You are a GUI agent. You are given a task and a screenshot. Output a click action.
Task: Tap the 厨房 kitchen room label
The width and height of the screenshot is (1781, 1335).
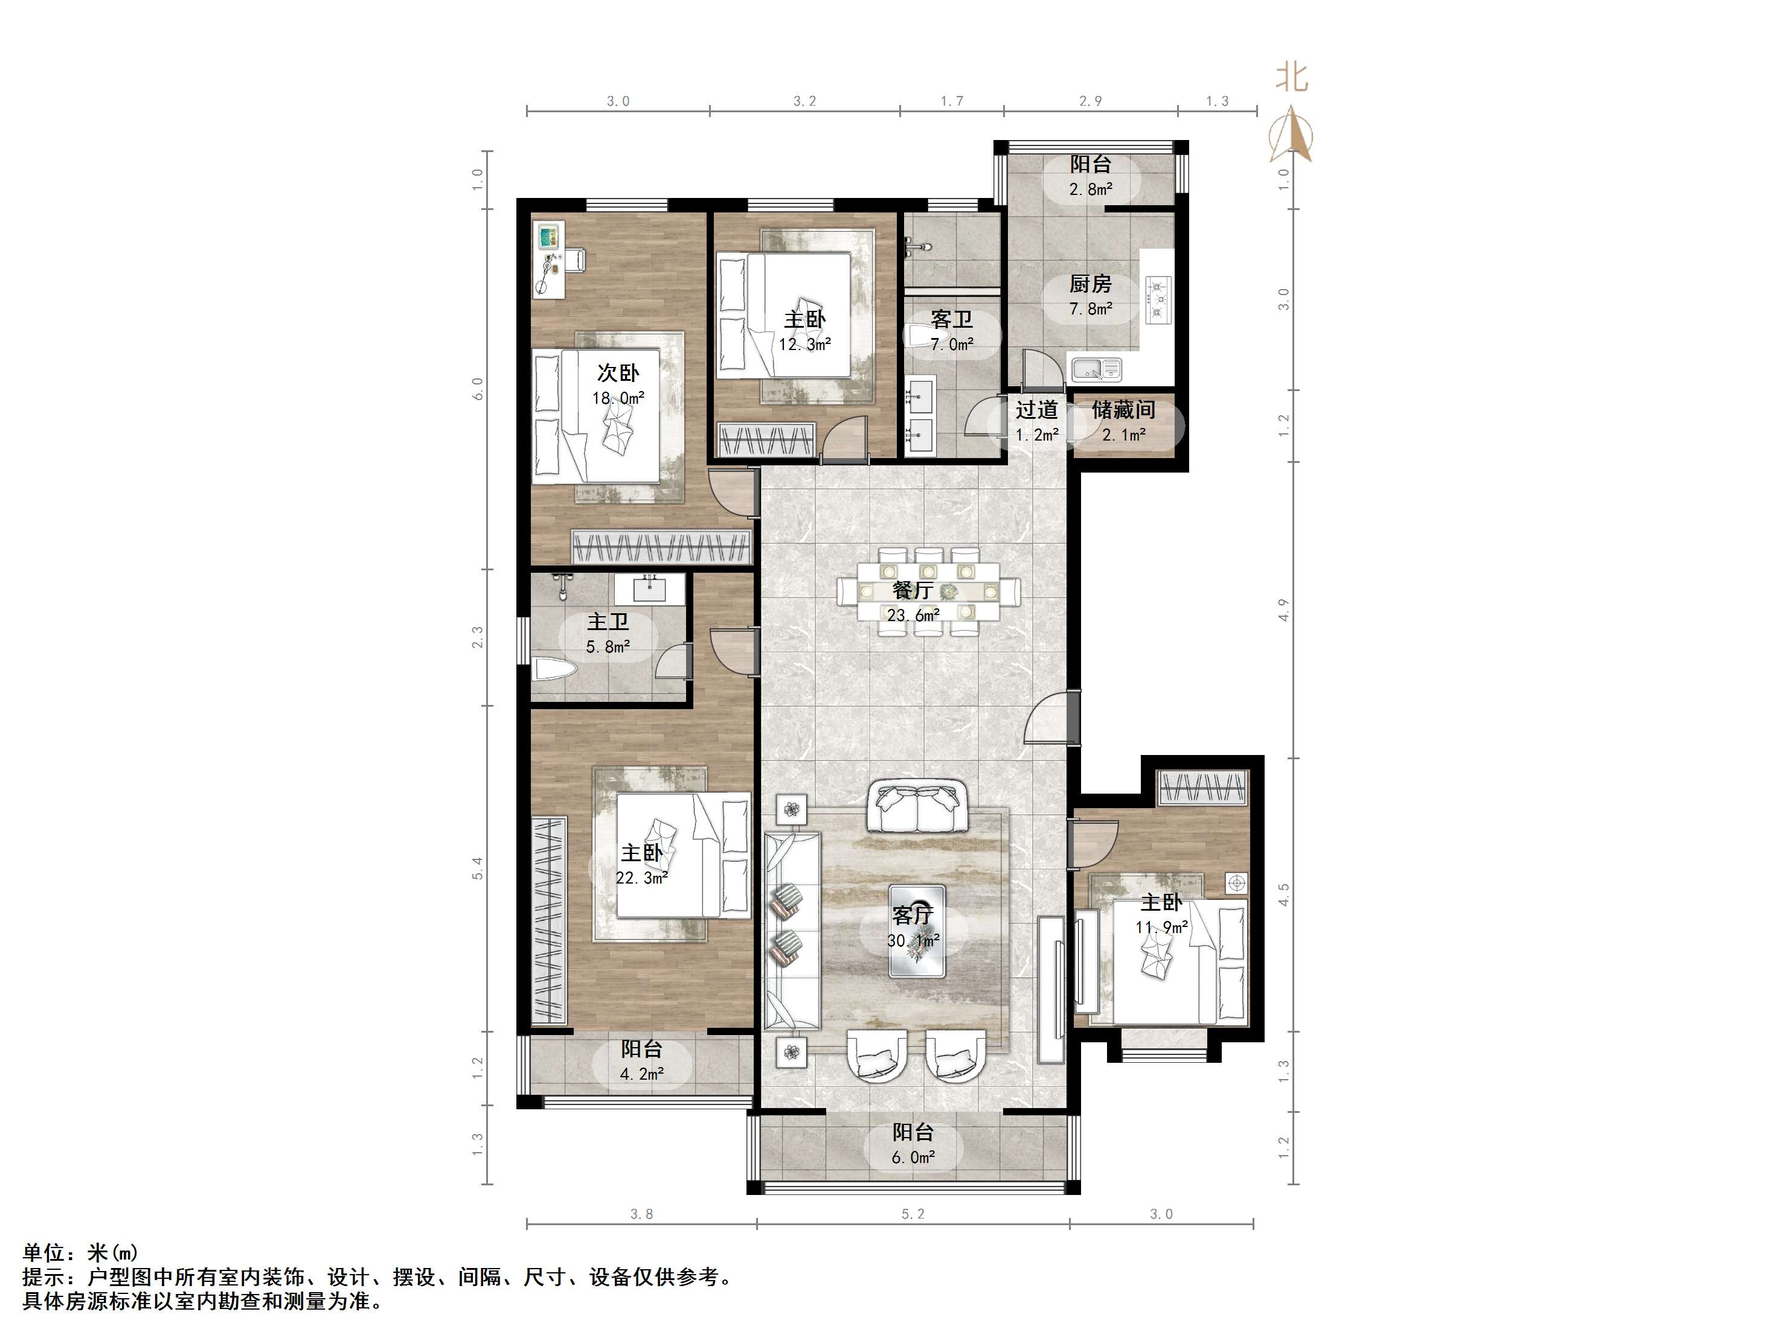coord(1090,284)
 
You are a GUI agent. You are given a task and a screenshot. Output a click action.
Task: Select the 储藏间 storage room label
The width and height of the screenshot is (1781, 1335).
coord(1123,410)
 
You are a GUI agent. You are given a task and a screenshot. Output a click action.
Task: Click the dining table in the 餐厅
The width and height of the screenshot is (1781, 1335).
coord(928,591)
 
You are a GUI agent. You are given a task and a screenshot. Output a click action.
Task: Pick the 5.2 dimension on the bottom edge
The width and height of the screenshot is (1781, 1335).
coord(913,1214)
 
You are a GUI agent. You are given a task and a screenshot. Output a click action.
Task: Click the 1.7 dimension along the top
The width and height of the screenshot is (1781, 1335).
coord(952,101)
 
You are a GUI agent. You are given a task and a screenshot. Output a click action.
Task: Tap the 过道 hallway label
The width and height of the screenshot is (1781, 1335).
coord(1036,410)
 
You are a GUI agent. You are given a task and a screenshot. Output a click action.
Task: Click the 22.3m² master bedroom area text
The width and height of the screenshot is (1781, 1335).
coord(642,878)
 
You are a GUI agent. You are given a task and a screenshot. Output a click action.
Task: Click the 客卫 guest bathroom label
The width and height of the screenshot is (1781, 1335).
coord(952,319)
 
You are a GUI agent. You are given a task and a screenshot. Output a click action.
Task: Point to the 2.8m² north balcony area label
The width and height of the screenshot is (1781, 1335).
coord(1091,189)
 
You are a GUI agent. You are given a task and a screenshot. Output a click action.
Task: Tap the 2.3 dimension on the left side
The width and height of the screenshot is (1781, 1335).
coord(478,637)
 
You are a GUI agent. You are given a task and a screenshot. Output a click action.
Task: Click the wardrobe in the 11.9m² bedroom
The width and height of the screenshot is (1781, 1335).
coord(1203,787)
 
